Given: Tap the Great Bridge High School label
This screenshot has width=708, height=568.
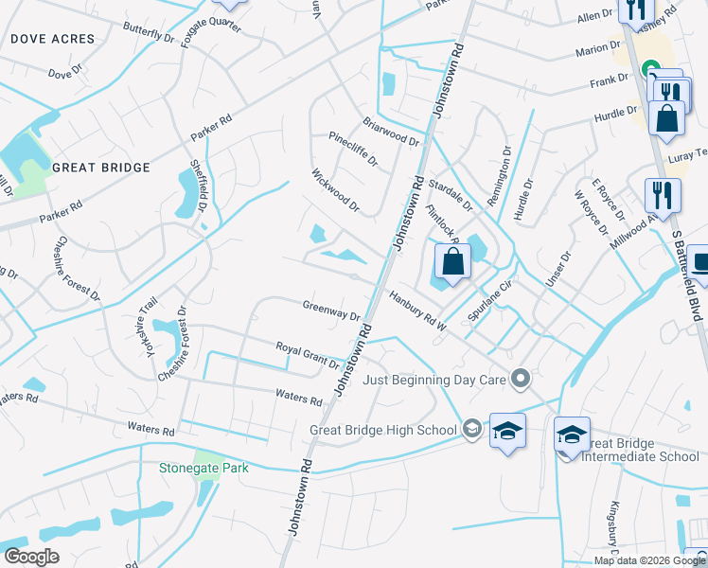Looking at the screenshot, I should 383,430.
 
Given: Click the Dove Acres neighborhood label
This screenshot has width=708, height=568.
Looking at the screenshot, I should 53,39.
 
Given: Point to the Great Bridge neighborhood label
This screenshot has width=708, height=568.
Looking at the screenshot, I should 101,168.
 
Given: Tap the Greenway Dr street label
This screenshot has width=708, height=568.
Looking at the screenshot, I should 331,310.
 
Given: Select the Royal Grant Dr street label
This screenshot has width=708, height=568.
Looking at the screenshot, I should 308,355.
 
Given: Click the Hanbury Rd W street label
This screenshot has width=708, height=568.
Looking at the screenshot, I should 417,311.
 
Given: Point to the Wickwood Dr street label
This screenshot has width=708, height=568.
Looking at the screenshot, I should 336,189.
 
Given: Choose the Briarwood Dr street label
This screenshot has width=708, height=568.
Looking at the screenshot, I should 390,132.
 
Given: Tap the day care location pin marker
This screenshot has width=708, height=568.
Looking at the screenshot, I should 520,380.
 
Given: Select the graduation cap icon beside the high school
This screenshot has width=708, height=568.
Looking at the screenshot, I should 507,431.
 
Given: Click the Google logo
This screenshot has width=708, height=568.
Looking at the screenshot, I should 31,557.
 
